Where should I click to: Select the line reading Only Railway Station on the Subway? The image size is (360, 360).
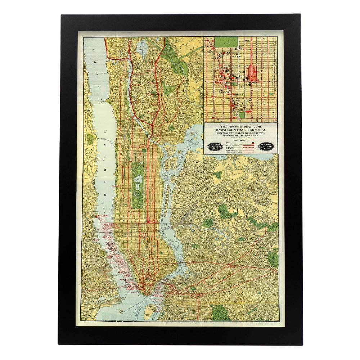[240, 133]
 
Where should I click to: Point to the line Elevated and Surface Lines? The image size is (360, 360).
[240, 136]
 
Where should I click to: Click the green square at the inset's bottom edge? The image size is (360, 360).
[242, 115]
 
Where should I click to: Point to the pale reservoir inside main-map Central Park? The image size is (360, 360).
[138, 179]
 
